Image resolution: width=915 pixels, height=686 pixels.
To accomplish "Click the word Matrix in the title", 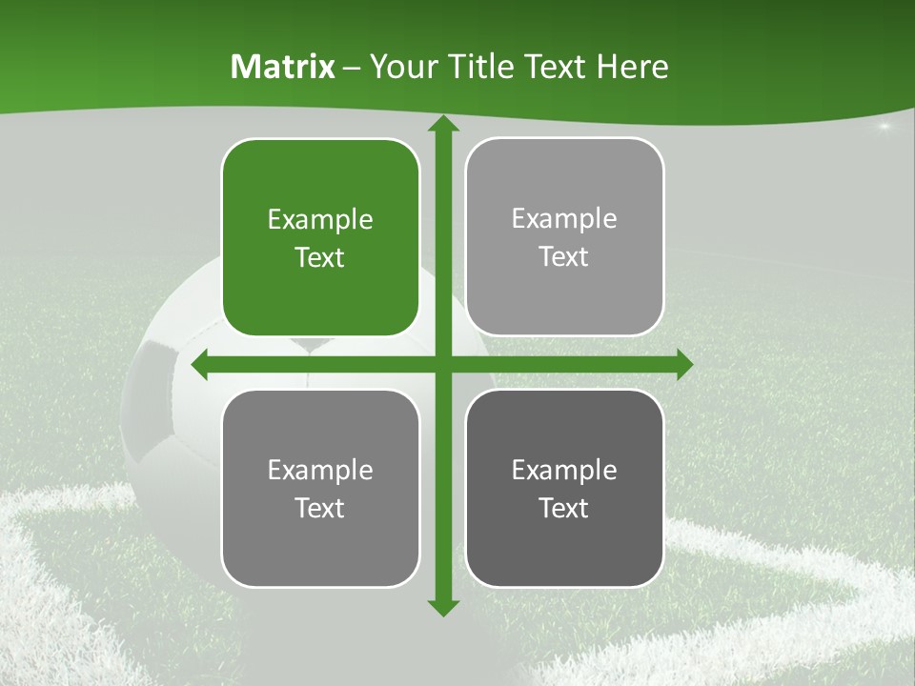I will [283, 67].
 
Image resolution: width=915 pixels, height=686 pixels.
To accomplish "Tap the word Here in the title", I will [633, 67].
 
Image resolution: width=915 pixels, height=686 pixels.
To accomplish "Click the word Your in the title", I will [399, 67].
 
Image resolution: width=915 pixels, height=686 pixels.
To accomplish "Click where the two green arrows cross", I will [442, 365].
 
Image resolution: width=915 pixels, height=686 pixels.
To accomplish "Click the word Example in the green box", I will [320, 220].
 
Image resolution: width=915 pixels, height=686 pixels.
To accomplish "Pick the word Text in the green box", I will [320, 258].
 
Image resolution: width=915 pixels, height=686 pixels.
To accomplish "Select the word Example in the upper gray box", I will [564, 219].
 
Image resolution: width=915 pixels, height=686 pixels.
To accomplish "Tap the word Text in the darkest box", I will [564, 508].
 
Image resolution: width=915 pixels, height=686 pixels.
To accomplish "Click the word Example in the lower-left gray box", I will [320, 470].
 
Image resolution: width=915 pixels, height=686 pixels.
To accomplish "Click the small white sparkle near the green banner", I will [884, 126].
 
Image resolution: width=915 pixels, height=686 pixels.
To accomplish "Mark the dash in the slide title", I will [352, 68].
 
